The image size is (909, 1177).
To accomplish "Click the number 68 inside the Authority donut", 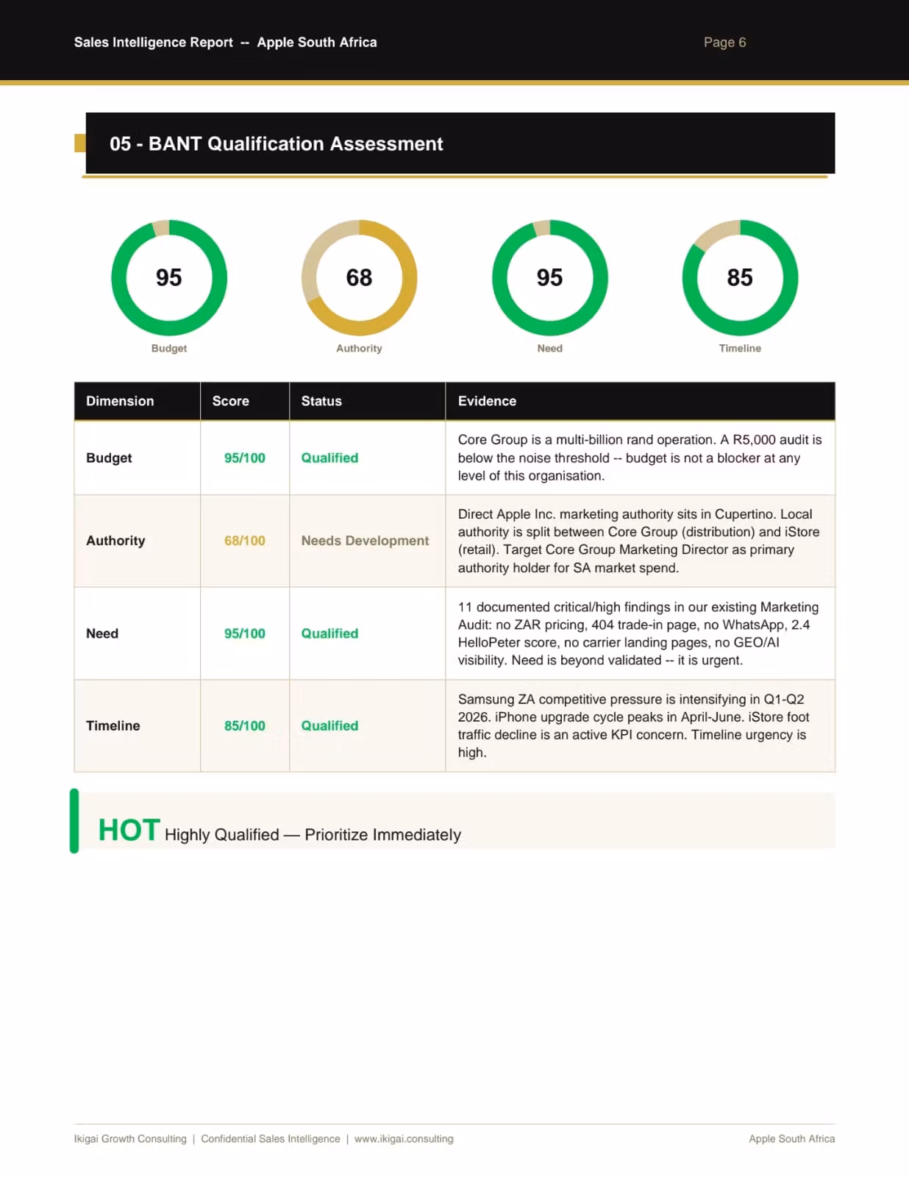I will point(359,277).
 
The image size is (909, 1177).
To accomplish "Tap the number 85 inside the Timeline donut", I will point(740,277).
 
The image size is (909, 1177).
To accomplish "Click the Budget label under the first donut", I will point(169,348).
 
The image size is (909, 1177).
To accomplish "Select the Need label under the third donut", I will point(549,348).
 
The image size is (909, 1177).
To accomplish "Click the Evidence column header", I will point(487,401).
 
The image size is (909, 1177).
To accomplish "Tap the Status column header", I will point(321,401).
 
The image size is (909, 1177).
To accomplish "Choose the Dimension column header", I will point(120,401).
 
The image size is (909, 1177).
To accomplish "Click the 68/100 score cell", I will point(244,541).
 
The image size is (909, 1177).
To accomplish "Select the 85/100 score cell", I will point(244,725).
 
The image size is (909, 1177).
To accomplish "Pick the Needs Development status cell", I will point(365,541).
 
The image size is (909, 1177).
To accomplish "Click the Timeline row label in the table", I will point(113,725).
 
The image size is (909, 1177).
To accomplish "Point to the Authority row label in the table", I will point(115,541).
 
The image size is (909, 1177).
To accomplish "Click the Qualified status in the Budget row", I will point(329,458).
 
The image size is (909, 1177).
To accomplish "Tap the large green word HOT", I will point(129,831).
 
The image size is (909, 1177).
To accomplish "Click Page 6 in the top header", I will point(724,42).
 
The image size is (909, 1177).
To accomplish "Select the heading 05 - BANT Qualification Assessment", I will point(276,143).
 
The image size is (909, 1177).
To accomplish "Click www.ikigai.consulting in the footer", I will point(404,1139).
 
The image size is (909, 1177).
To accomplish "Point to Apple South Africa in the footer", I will point(791,1139).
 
